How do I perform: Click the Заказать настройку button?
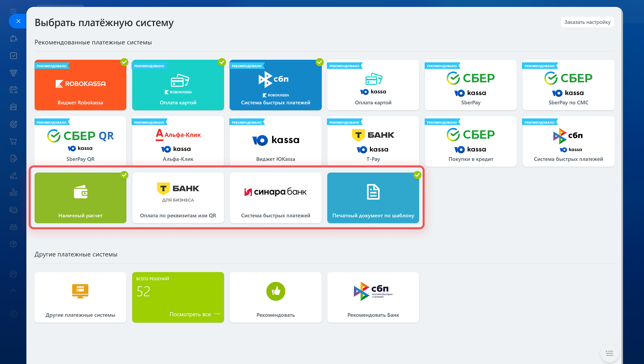587,22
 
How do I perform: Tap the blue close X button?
18,21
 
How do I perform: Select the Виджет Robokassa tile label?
80,103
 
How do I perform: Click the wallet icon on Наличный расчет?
80,192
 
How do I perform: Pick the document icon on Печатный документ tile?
373,192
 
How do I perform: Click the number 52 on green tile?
143,292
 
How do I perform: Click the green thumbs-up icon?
276,291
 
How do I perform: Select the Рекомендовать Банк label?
373,315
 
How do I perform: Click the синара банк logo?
275,192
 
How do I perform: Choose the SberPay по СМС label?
569,103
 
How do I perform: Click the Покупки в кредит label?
471,159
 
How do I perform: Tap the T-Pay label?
373,159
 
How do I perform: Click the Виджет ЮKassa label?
276,159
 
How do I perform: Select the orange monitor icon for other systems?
80,291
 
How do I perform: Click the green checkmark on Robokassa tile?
124,62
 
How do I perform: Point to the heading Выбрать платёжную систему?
104,23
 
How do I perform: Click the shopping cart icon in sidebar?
13,141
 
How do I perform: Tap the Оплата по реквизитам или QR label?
178,216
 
